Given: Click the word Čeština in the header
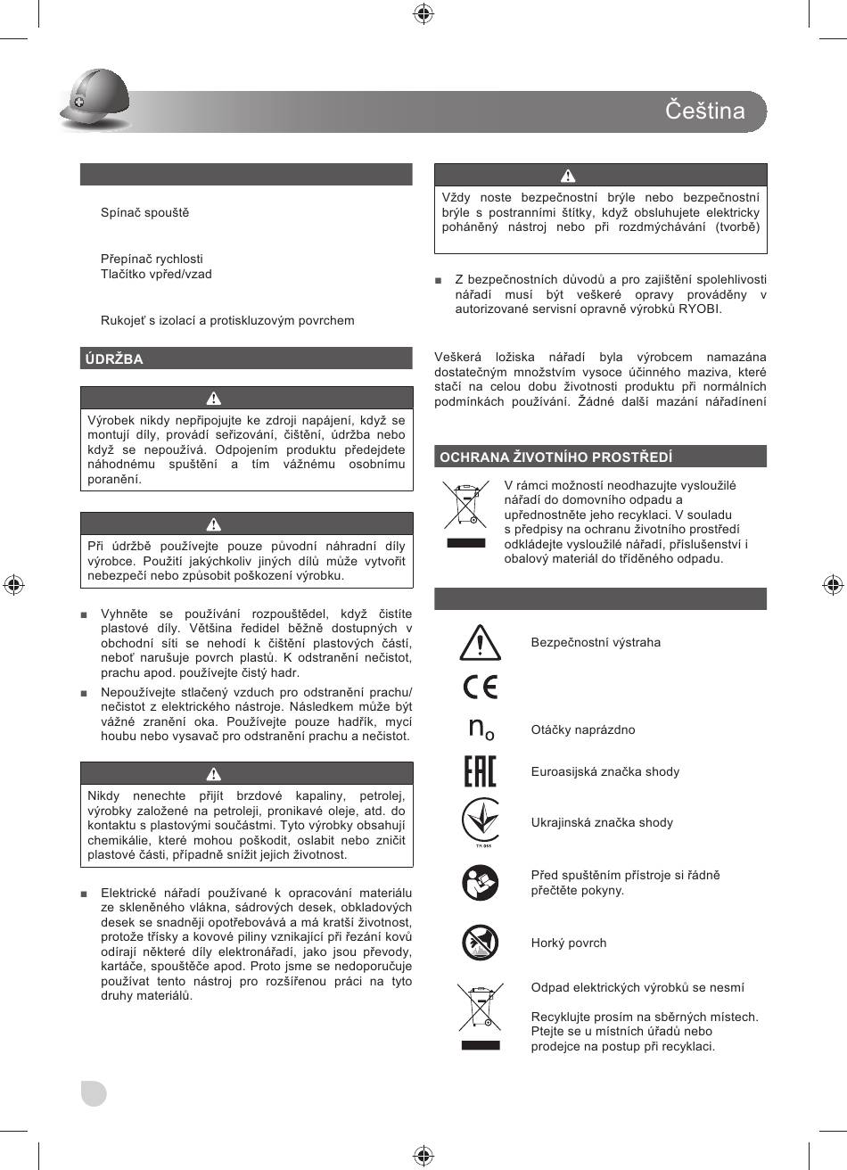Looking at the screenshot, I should pos(704,111).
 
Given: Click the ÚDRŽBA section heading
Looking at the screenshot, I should pos(114,359).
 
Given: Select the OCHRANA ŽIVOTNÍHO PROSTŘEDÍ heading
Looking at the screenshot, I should pos(556,457).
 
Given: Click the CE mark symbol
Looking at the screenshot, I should pos(481,687).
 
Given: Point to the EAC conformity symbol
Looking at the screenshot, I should pos(481,771).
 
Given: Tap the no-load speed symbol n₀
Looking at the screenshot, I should pos(481,729).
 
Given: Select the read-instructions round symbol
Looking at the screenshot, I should pos(481,883).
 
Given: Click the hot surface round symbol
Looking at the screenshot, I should pos(481,943).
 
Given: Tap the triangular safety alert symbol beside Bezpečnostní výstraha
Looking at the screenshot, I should pos(481,642).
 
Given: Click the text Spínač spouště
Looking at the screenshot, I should pos(144,213).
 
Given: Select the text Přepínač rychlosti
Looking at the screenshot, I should pos(152,260).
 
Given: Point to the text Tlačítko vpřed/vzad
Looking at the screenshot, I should pos(156,275).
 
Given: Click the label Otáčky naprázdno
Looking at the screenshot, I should pos(583,730).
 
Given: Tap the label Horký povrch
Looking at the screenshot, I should pos(569,943).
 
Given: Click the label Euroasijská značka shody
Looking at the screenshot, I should pos(605,772).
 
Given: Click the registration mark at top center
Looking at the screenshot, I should pos(423,12).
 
